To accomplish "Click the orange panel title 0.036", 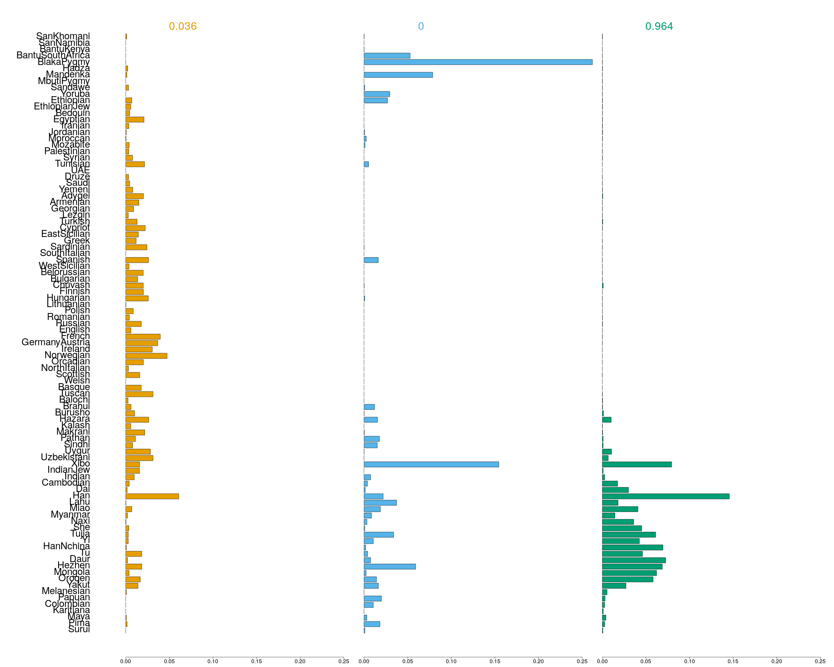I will [182, 26].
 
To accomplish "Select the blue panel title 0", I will [421, 26].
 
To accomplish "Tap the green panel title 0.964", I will [659, 26].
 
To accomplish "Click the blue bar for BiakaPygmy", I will [478, 62].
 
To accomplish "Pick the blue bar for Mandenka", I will [398, 75].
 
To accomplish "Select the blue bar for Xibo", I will [431, 464].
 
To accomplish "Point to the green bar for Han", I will [665, 496].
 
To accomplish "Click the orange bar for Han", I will [152, 496].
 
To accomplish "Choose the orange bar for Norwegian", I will [146, 356].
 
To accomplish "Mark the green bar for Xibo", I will [637, 464].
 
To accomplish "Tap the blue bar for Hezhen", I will [390, 567].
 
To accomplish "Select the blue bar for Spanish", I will [371, 260].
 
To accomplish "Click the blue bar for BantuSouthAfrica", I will [387, 56].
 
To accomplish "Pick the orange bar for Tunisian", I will [135, 164].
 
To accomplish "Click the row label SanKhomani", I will [63, 36].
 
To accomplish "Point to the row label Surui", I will [79, 629].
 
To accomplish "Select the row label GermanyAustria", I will [56, 342].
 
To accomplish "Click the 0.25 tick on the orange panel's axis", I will [343, 661].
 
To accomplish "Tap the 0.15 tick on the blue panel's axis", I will [495, 661].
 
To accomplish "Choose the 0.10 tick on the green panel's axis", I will [689, 661].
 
